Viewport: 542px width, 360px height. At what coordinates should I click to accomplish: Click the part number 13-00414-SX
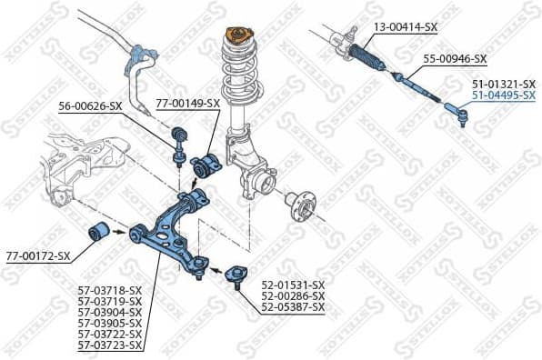click(x=406, y=27)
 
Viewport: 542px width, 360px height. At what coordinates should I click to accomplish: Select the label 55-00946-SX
click(x=455, y=59)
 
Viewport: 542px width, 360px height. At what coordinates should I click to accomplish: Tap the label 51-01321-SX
click(x=503, y=83)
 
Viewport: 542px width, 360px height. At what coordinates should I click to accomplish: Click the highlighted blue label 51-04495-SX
click(x=503, y=95)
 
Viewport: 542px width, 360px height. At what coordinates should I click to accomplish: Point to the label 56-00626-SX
click(x=90, y=106)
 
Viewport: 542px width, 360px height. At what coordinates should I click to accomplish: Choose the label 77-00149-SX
click(x=188, y=104)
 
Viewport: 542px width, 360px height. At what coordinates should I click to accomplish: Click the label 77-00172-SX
click(x=37, y=255)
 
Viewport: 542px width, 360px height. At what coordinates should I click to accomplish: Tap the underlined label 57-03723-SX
click(x=109, y=345)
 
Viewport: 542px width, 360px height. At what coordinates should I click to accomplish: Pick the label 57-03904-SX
click(x=109, y=312)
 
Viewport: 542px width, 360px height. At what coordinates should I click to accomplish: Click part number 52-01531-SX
click(x=293, y=285)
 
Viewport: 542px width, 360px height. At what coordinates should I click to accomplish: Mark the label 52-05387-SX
click(x=293, y=308)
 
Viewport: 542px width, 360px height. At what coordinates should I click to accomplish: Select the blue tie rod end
click(x=455, y=114)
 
